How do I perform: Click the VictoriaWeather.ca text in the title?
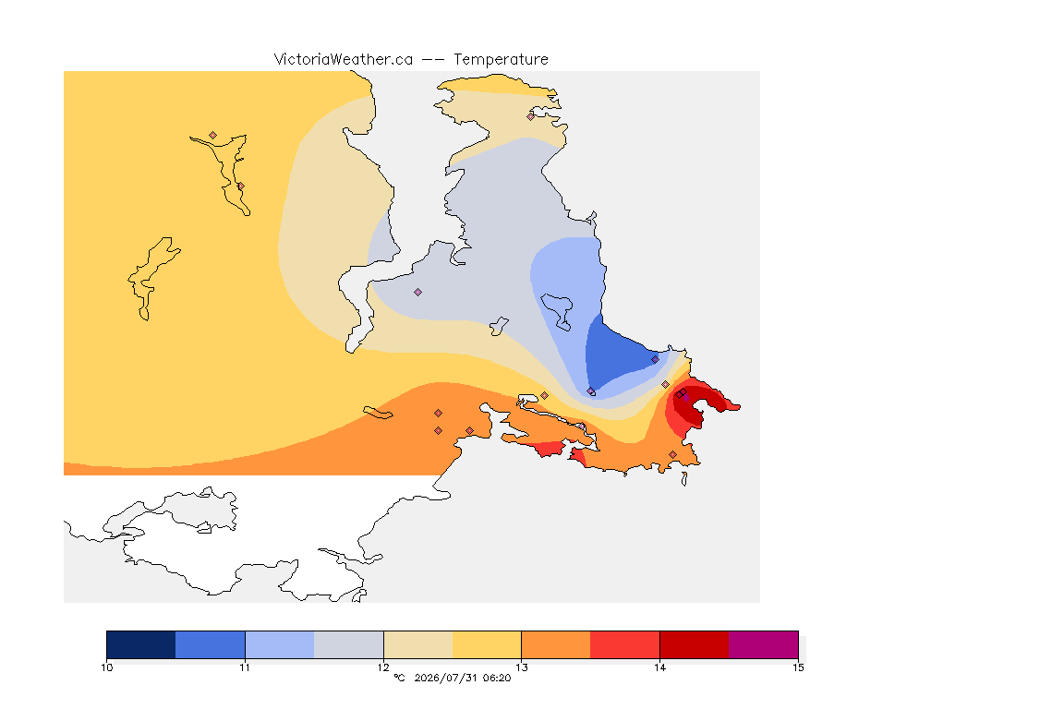pyautogui.click(x=344, y=60)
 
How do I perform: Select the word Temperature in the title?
pyautogui.click(x=501, y=60)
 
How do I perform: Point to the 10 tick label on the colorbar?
pyautogui.click(x=106, y=667)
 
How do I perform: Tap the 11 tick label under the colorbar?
pyautogui.click(x=245, y=667)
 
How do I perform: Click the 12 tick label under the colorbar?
pyautogui.click(x=383, y=667)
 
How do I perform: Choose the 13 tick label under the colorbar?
pyautogui.click(x=521, y=667)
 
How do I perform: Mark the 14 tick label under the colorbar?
pyautogui.click(x=659, y=667)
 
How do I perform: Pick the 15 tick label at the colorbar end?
pyautogui.click(x=798, y=667)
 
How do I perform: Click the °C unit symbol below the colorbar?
pyautogui.click(x=400, y=678)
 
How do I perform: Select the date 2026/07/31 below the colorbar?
pyautogui.click(x=444, y=678)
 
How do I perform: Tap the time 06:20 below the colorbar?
pyautogui.click(x=497, y=678)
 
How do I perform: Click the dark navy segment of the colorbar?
pyautogui.click(x=141, y=644)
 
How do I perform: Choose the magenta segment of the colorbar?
pyautogui.click(x=764, y=644)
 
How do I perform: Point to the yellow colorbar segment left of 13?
pyautogui.click(x=487, y=644)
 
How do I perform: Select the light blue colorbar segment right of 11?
pyautogui.click(x=280, y=644)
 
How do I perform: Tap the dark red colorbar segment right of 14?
pyautogui.click(x=695, y=644)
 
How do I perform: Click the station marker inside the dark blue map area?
pyautogui.click(x=655, y=360)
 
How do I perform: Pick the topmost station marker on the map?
pyautogui.click(x=531, y=116)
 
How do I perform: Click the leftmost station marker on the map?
pyautogui.click(x=213, y=136)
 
